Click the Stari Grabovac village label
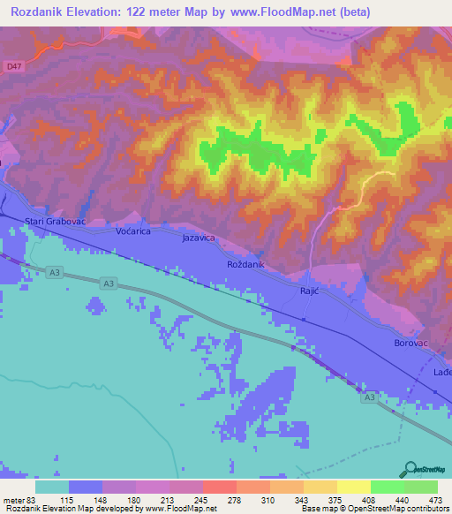(54, 221)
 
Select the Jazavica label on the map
(199, 238)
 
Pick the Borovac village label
(409, 341)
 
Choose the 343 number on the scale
(304, 499)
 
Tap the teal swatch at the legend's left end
(52, 487)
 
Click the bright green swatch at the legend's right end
(421, 487)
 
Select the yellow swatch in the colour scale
(354, 487)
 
